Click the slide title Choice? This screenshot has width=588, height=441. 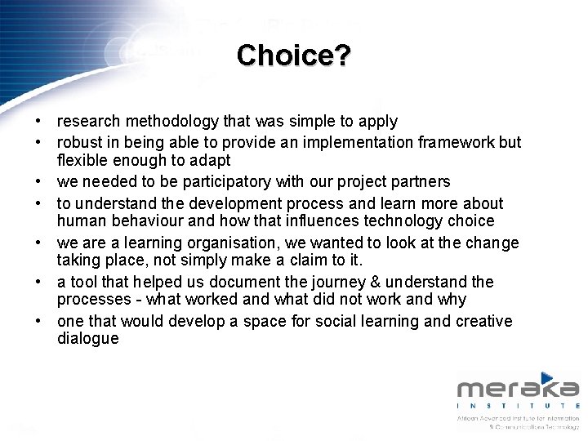[x=294, y=56]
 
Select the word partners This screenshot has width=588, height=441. [x=420, y=181]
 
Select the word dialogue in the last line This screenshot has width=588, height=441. [x=87, y=338]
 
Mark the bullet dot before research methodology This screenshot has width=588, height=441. [x=38, y=122]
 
